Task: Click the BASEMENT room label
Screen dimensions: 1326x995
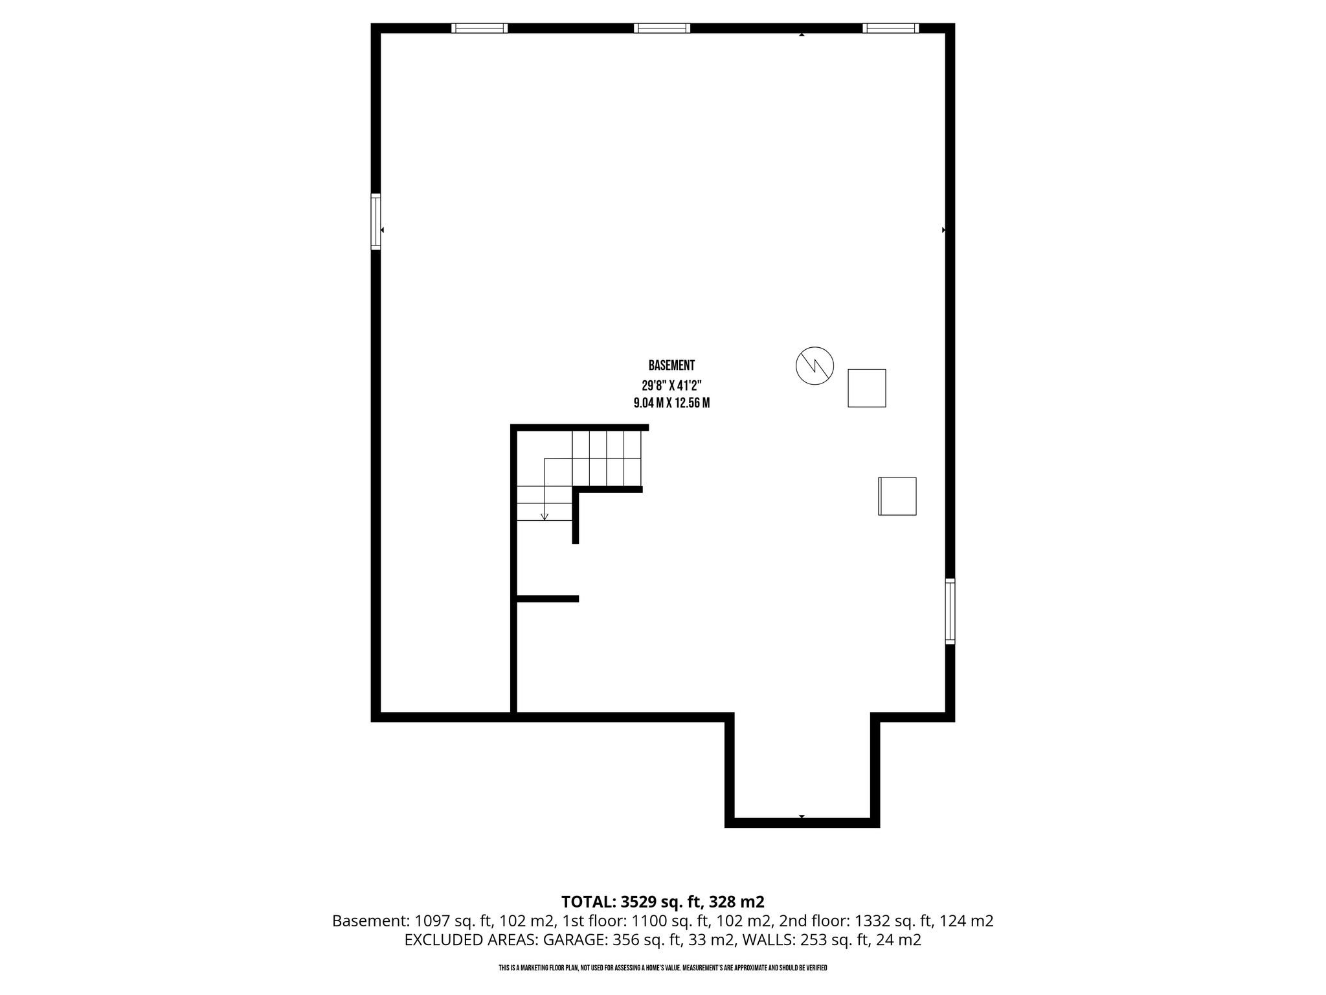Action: tap(671, 366)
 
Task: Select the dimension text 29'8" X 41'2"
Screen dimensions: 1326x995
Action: tap(671, 384)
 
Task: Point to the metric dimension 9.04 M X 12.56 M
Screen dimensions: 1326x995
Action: tap(671, 403)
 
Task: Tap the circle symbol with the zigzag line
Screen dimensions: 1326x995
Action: tap(815, 365)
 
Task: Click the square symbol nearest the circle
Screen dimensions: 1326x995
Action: tap(867, 388)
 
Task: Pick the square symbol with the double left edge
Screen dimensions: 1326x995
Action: tap(897, 496)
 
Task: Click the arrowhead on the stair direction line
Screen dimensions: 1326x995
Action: tap(545, 516)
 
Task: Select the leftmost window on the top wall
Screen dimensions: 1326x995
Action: tap(479, 28)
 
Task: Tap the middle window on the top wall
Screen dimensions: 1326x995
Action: tap(662, 28)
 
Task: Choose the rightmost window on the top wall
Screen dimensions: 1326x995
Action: tap(891, 28)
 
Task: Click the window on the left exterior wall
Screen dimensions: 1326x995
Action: tap(376, 221)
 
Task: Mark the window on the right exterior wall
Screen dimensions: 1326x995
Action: tap(950, 611)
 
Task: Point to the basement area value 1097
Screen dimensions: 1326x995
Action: tap(431, 921)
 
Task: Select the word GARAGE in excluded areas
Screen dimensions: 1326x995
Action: tap(569, 941)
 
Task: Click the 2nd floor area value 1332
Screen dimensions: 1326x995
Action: tap(871, 921)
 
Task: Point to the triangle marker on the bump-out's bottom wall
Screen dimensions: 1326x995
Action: tap(802, 816)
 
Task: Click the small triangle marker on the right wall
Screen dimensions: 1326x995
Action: tap(943, 230)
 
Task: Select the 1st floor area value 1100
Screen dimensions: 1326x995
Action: tap(648, 921)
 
